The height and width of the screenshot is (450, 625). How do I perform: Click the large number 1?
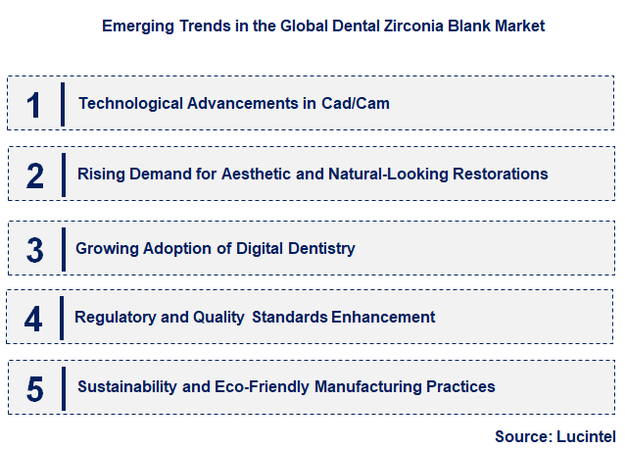click(35, 104)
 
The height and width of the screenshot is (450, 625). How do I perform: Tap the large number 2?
click(35, 175)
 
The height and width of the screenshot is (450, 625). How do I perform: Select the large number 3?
click(35, 249)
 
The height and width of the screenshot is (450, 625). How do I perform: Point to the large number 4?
click(34, 318)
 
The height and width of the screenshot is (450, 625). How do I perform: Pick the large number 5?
click(35, 387)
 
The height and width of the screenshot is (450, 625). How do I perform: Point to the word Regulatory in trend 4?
click(114, 317)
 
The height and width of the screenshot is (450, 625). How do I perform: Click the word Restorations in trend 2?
click(500, 174)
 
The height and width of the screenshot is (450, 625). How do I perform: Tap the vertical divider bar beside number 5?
click(63, 386)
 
